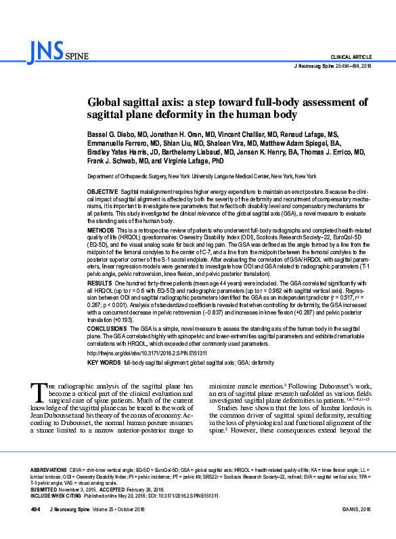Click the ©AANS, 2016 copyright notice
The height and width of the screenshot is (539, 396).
[x=349, y=527]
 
